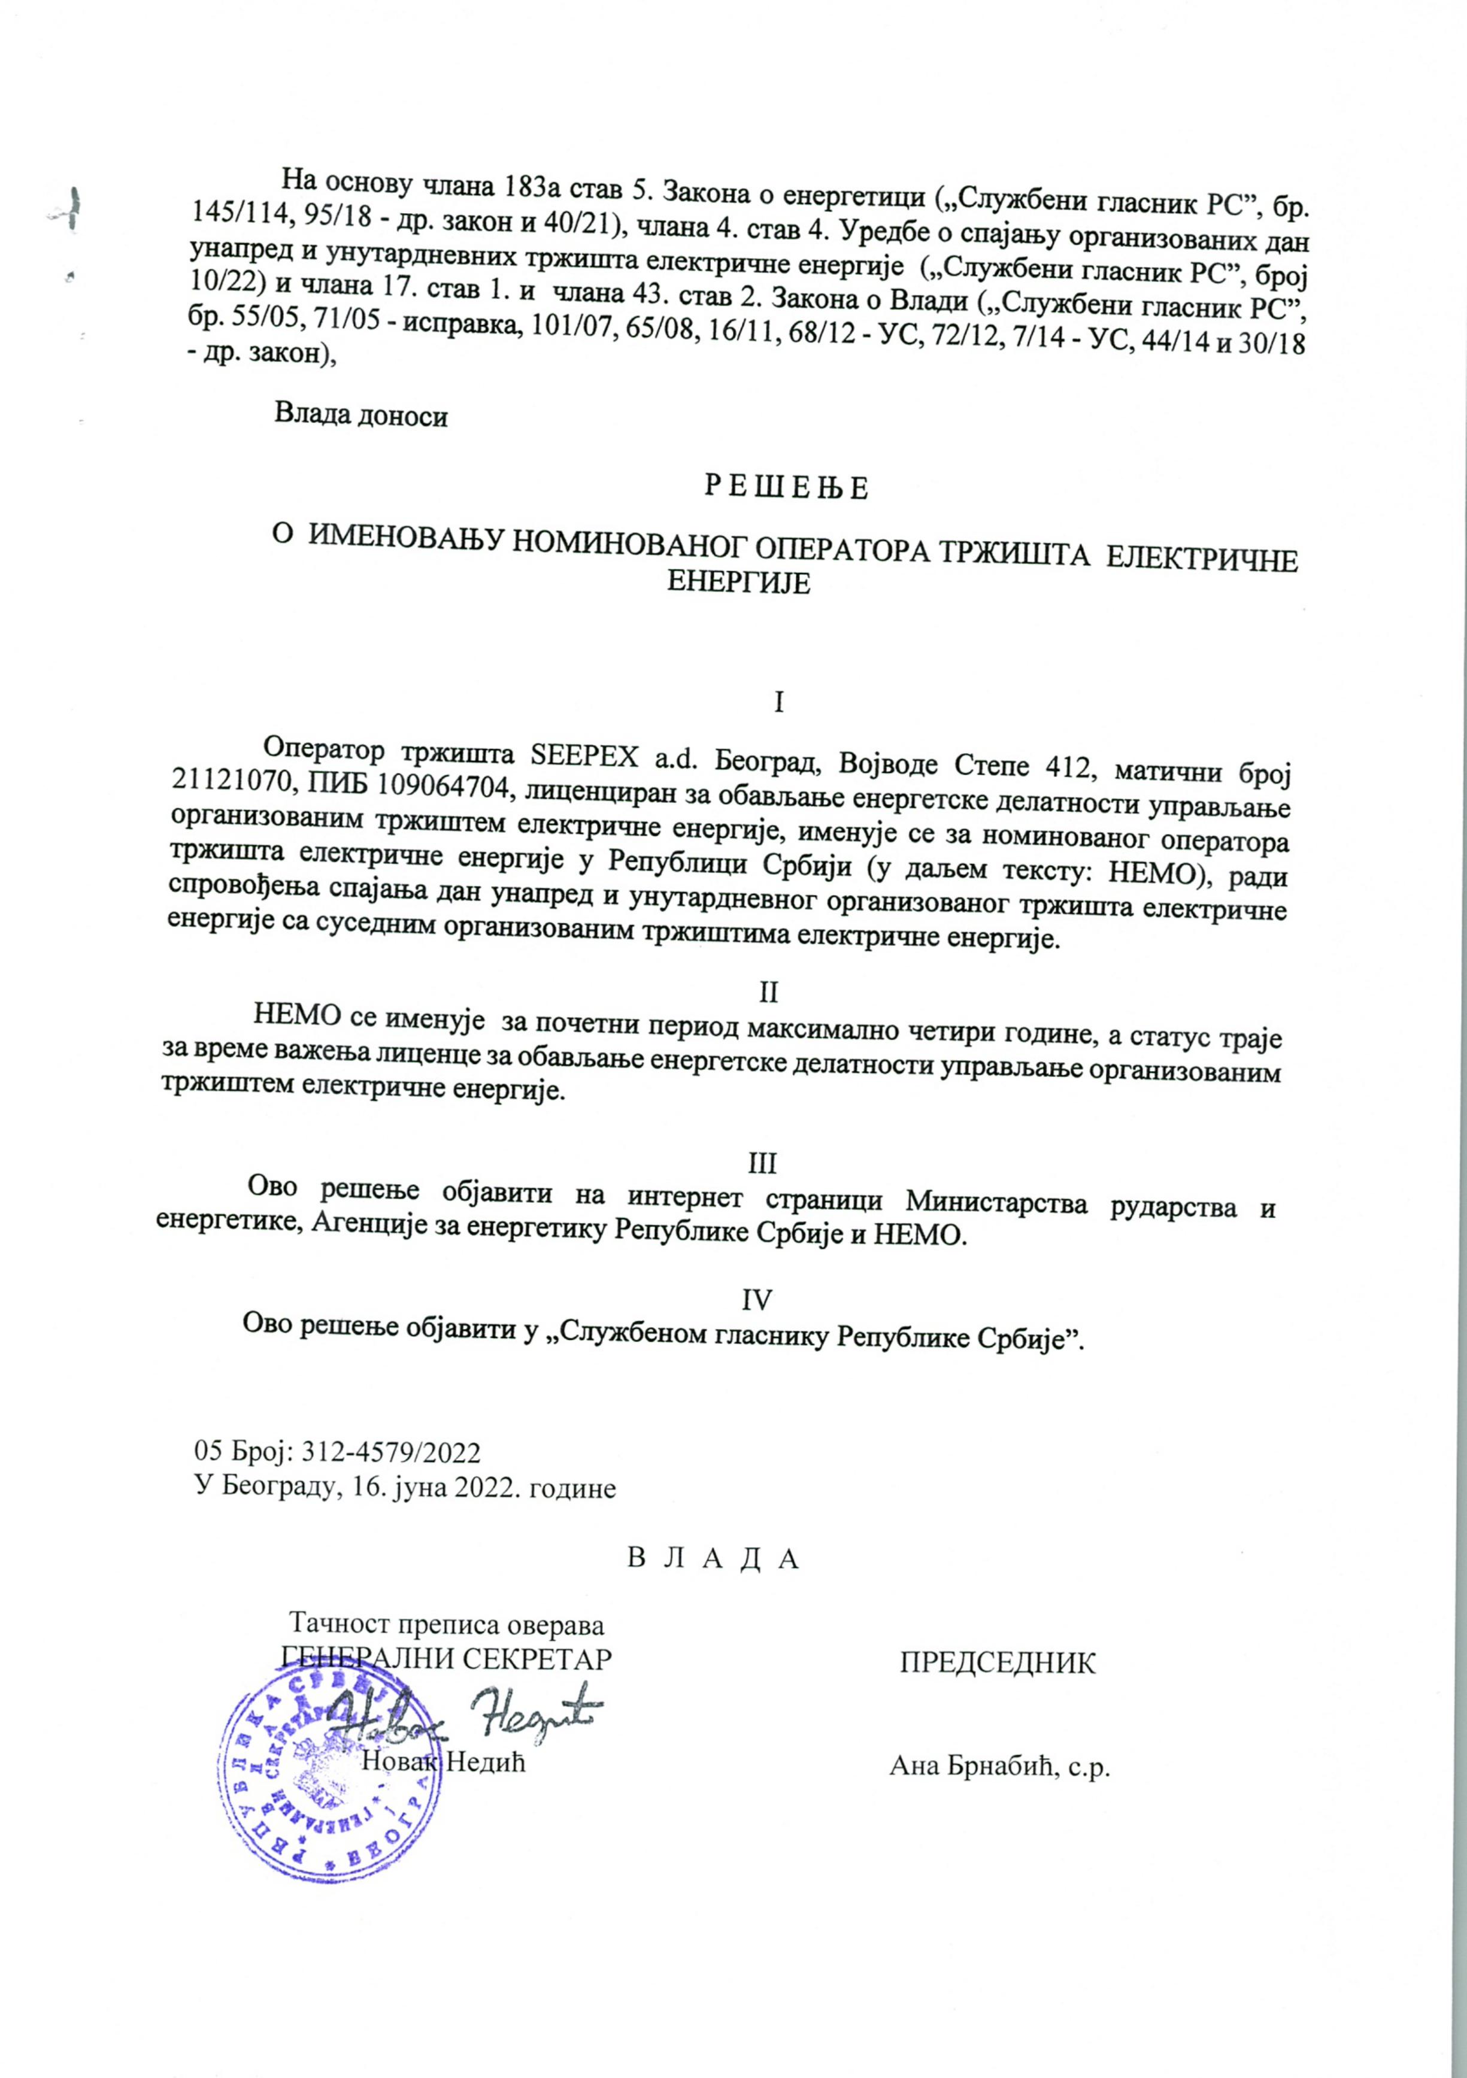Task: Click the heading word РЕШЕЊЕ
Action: pos(786,489)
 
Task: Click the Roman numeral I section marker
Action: pos(778,702)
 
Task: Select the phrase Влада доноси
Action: pos(361,417)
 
